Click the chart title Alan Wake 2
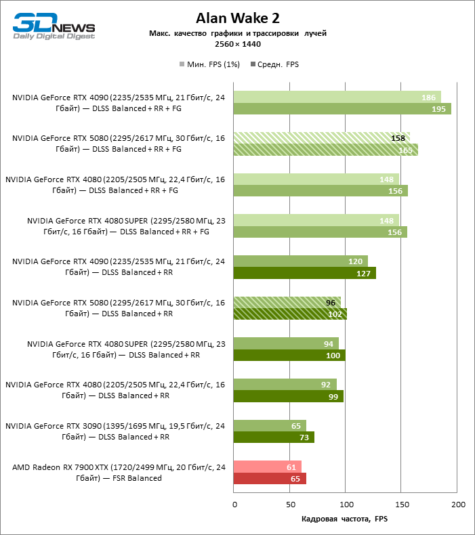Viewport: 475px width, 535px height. [x=237, y=18]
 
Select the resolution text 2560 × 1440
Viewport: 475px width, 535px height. [x=237, y=44]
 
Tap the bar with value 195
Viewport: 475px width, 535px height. [x=342, y=109]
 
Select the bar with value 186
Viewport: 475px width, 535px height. [x=337, y=98]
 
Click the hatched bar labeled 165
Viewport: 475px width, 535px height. [x=325, y=150]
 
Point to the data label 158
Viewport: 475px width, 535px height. [x=398, y=138]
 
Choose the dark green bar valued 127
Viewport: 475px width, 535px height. [x=304, y=273]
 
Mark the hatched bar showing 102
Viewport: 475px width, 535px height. [x=290, y=314]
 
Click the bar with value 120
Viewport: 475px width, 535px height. [x=300, y=261]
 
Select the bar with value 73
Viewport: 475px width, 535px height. [x=274, y=437]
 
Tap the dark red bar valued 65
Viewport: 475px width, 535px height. [x=270, y=479]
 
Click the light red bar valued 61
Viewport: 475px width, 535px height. [x=267, y=467]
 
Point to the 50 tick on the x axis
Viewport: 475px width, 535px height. [x=290, y=505]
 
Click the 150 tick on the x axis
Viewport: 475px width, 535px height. [x=402, y=505]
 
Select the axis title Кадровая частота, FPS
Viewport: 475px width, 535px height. [x=345, y=519]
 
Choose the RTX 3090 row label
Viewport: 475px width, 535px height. [x=115, y=431]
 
